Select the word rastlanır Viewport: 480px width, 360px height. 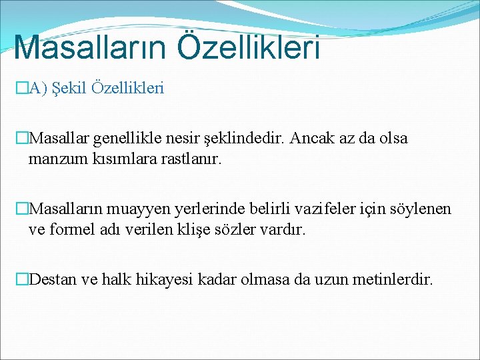pos(187,160)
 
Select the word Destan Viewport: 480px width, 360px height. pos(53,279)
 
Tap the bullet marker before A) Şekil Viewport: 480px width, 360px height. pos(22,88)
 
